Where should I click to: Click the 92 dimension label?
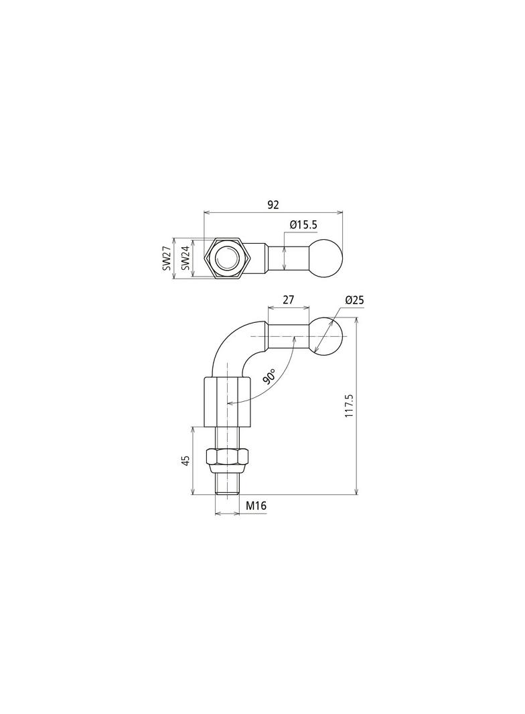(273, 205)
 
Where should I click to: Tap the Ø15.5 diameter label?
(303, 224)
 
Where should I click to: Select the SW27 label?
(167, 258)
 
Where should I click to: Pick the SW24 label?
(185, 258)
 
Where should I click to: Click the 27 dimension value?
(288, 299)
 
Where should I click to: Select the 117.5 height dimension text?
(350, 406)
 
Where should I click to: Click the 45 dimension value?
(185, 461)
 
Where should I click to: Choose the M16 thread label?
(256, 506)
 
